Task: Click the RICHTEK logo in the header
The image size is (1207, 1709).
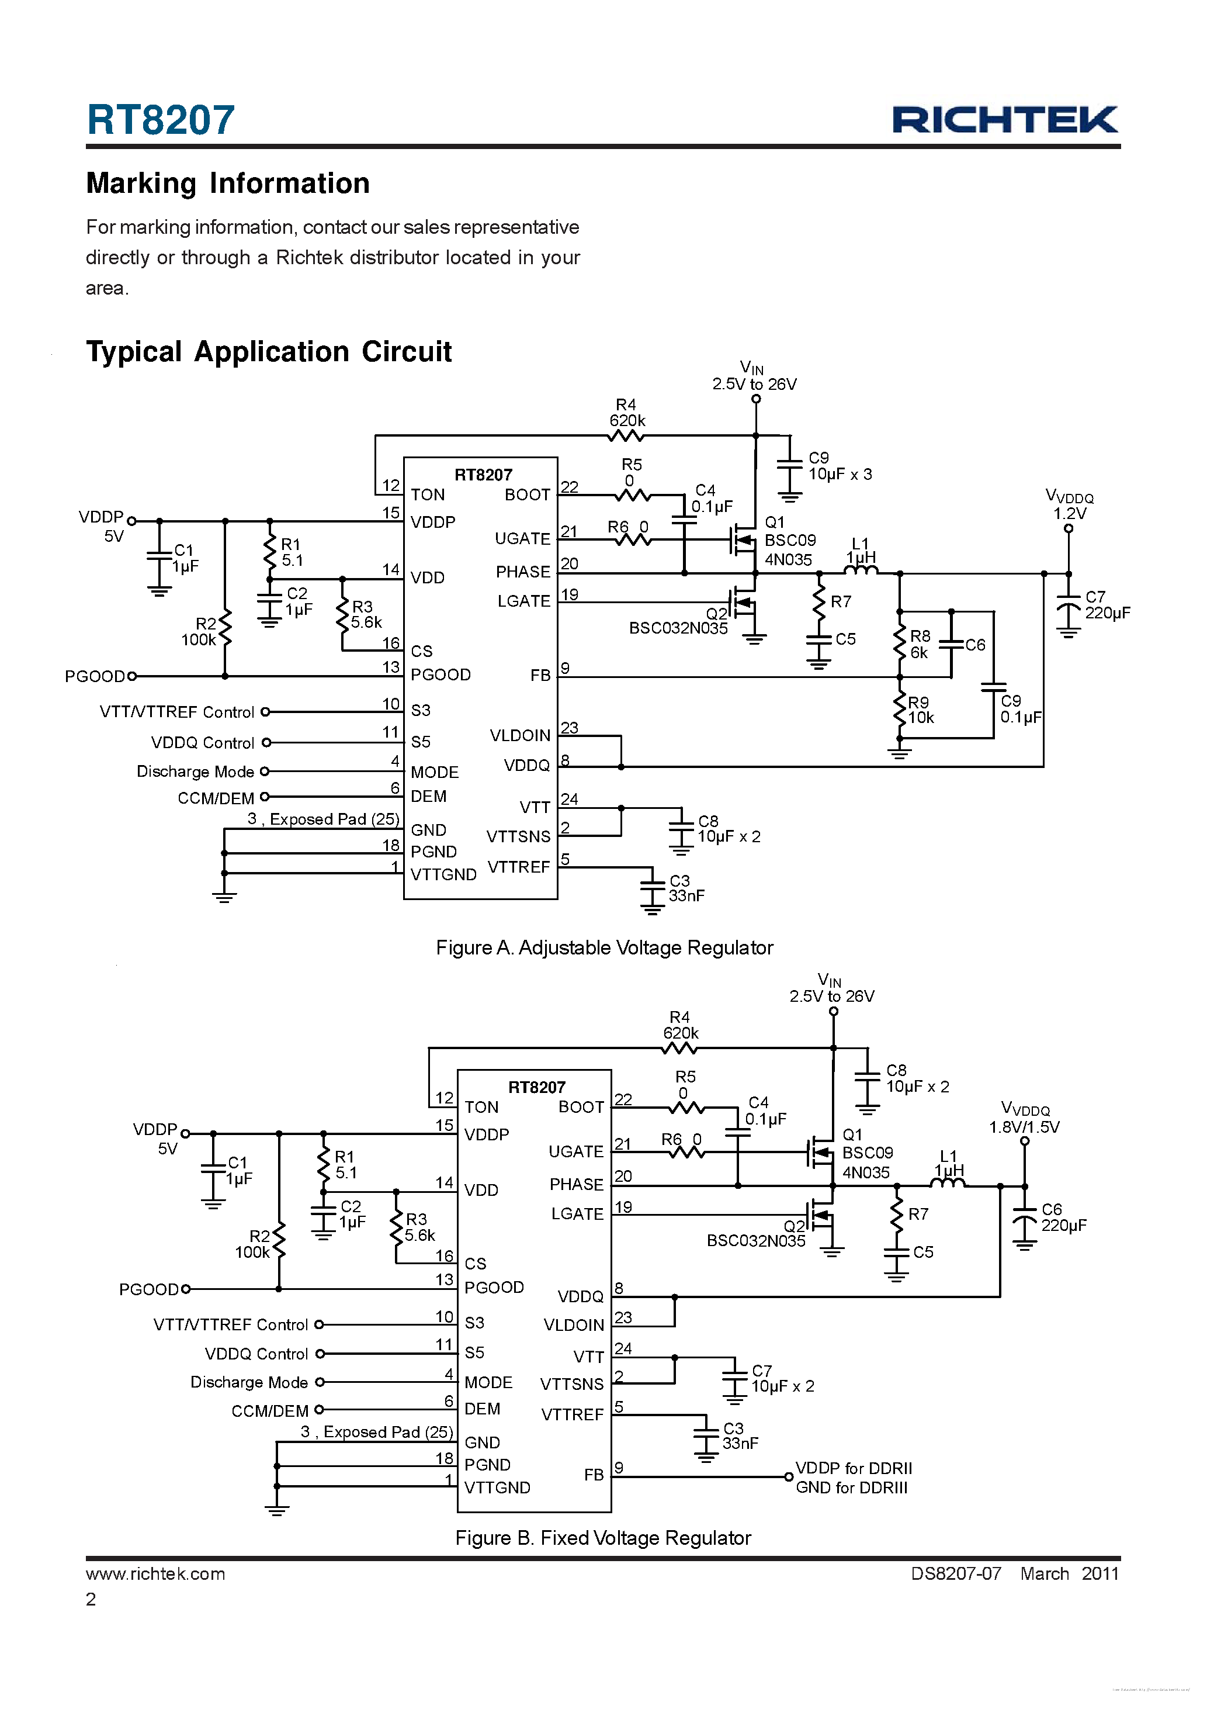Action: [1005, 120]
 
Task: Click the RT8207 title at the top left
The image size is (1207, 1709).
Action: [161, 120]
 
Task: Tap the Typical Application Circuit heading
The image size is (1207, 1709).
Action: [269, 352]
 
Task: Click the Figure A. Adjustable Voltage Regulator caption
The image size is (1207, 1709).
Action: [604, 947]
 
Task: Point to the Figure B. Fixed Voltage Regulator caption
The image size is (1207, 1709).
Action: [603, 1538]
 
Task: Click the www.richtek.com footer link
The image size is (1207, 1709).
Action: [155, 1573]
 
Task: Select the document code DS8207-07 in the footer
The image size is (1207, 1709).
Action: [956, 1573]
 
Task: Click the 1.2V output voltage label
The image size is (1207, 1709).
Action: [1069, 514]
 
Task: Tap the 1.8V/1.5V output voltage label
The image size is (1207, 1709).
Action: [1024, 1127]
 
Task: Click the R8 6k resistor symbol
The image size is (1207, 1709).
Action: [900, 644]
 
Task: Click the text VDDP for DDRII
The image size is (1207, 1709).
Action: [854, 1468]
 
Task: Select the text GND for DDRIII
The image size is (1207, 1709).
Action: [851, 1487]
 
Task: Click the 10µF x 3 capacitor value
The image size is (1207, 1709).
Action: [840, 474]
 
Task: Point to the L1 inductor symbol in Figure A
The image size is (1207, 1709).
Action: [861, 570]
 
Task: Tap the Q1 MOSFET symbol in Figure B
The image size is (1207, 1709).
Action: [821, 1153]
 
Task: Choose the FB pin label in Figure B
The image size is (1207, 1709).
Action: [593, 1475]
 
